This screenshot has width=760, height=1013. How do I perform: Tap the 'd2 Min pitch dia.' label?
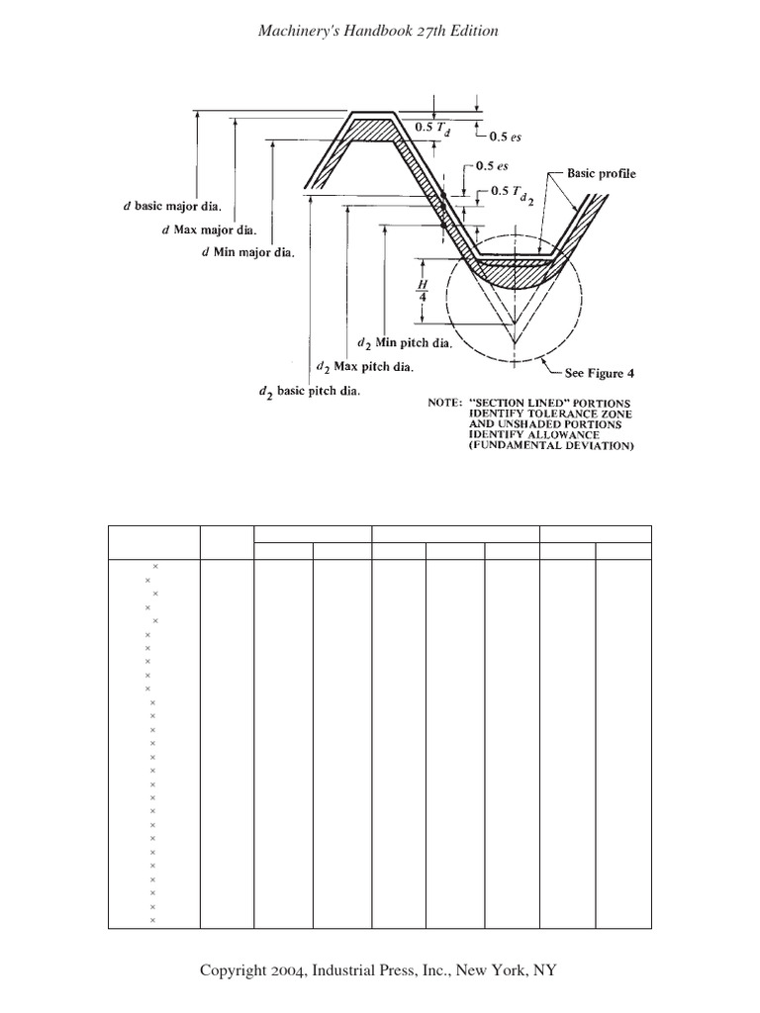pos(405,343)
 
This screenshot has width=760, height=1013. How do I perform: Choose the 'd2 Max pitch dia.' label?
pos(364,367)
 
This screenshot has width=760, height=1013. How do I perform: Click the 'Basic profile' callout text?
pos(601,173)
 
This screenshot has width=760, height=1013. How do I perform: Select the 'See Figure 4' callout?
pos(594,373)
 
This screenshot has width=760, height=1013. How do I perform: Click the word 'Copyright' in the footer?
pos(233,970)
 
